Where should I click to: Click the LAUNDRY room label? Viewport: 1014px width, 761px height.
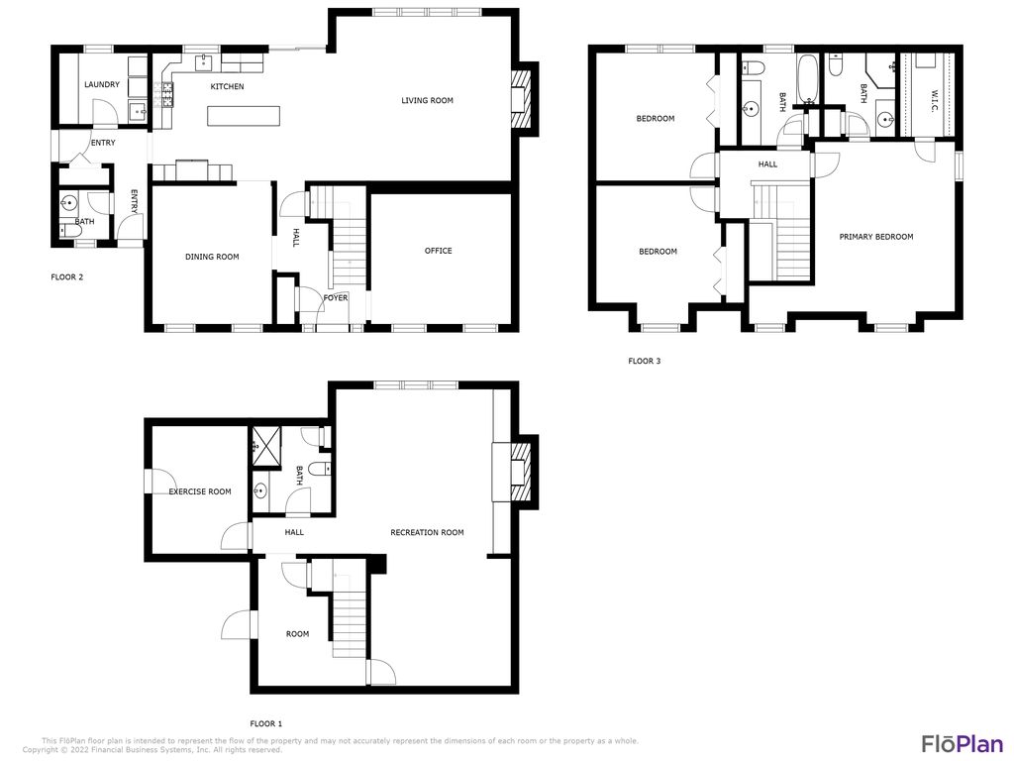click(x=102, y=85)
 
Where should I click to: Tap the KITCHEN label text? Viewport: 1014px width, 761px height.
click(x=227, y=87)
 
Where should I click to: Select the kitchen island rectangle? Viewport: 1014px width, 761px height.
click(x=243, y=116)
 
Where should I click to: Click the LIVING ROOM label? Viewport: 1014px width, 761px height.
click(x=427, y=100)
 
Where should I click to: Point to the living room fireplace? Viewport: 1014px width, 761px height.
click(x=521, y=99)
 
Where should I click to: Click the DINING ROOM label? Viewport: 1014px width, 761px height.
click(x=212, y=258)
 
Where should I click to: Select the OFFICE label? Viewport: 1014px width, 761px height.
click(x=438, y=251)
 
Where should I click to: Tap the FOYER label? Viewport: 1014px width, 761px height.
click(x=336, y=297)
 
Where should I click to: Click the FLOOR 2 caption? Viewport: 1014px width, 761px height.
click(x=67, y=277)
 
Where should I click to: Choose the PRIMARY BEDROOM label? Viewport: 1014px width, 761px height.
click(x=875, y=237)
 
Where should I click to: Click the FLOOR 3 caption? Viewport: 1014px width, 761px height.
click(x=644, y=362)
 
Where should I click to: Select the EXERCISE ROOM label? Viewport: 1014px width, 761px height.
click(x=199, y=491)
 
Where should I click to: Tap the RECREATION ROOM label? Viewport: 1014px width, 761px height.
click(x=427, y=533)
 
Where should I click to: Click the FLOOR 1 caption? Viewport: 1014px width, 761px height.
click(x=265, y=724)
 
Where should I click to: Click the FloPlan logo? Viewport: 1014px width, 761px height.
click(x=963, y=743)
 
